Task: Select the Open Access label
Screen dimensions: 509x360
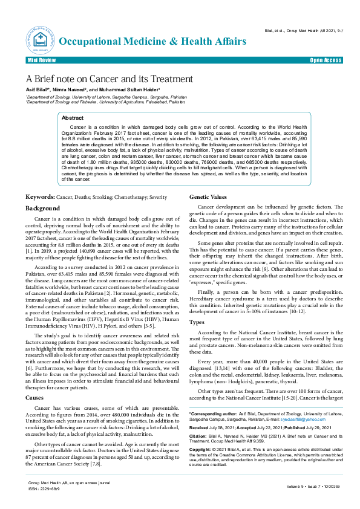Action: pos(325,62)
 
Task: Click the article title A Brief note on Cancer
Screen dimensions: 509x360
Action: pos(109,79)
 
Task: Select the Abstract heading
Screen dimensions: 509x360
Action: pos(73,118)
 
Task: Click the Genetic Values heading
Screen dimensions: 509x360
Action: pos(209,197)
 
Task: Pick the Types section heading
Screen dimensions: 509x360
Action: pos(197,322)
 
